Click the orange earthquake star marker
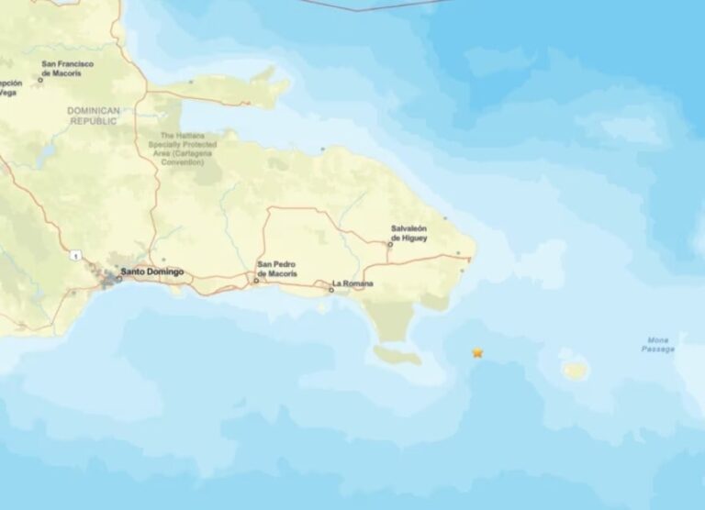coord(477,352)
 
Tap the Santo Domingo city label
coord(152,272)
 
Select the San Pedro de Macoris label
coord(276,270)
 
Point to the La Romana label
coord(352,283)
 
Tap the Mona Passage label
coord(657,344)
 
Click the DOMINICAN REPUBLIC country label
coord(93,116)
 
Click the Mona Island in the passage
coord(576,370)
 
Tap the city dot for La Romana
coord(331,290)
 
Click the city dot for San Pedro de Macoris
coord(256,281)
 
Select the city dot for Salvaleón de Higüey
coord(389,244)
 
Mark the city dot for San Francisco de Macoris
coord(40,81)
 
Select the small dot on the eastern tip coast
coord(464,270)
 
